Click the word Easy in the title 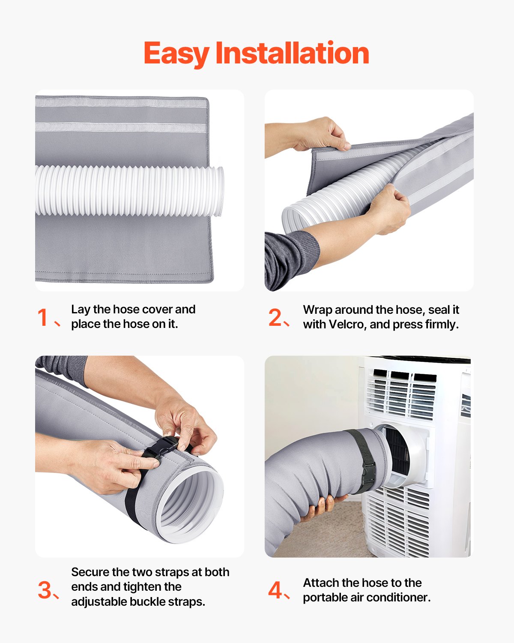point(176,54)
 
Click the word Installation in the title point(292,54)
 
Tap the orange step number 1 point(43,318)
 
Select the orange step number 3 point(45,590)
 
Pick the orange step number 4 point(275,590)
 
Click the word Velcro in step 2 point(346,325)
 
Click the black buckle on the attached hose point(368,472)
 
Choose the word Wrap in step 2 point(318,309)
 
